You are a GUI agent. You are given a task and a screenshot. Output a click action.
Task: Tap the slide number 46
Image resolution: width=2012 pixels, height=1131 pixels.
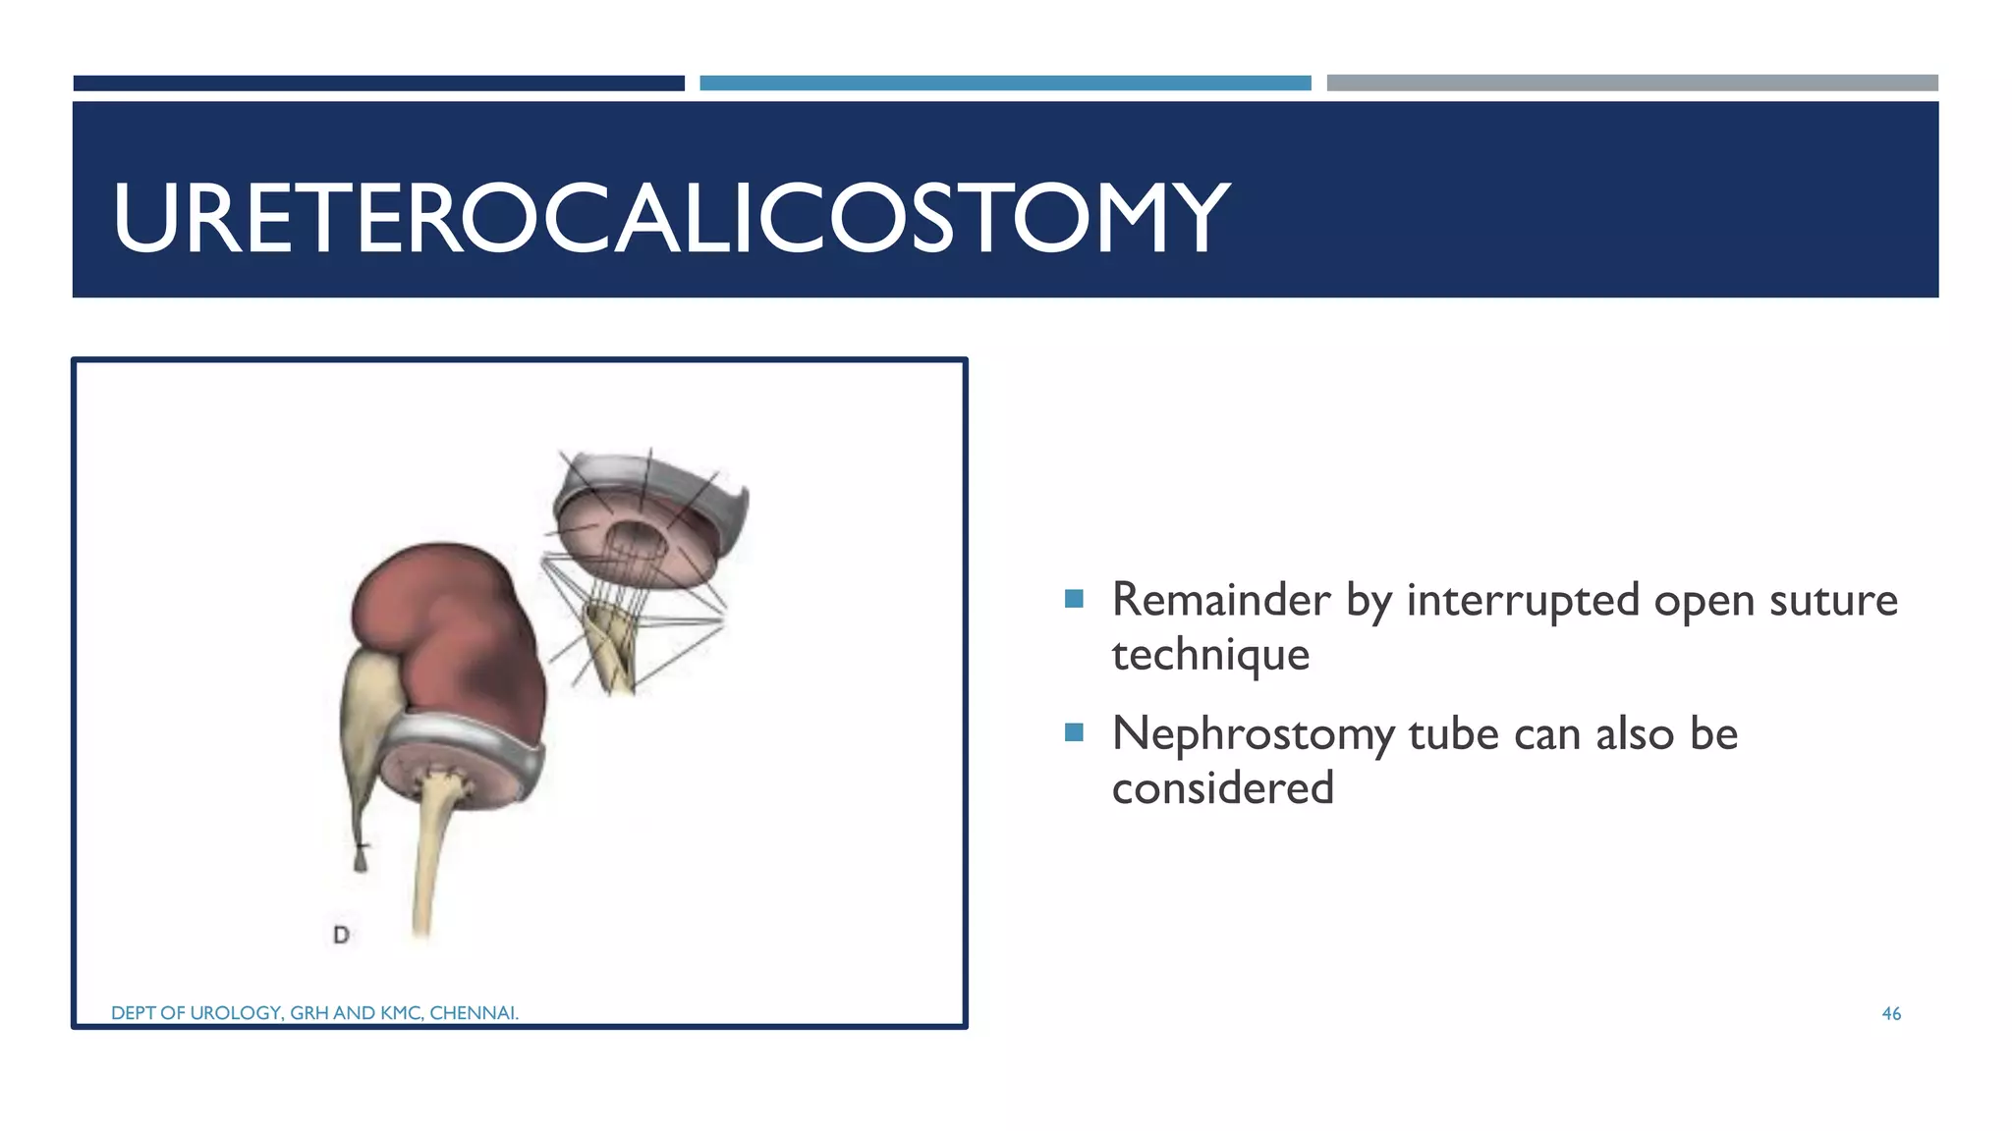pos(1891,1013)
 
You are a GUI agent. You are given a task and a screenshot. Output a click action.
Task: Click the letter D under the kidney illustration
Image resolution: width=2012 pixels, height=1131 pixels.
pos(341,935)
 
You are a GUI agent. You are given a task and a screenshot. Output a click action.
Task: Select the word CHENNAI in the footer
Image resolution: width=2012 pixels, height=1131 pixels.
pos(474,1013)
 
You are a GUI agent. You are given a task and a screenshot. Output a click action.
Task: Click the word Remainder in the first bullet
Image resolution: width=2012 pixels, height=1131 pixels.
pos(1221,600)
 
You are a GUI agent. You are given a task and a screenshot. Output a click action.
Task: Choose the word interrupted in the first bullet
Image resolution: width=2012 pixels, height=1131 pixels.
pos(1523,600)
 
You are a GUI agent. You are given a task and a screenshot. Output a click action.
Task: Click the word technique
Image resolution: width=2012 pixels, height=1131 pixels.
pos(1210,655)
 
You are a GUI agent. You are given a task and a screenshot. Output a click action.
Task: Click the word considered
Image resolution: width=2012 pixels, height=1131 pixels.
pos(1222,788)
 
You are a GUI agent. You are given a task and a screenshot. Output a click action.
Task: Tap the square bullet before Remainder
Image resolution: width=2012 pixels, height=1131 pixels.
pos(1074,598)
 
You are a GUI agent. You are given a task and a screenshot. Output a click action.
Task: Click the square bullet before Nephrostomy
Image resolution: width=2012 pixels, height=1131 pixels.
pos(1074,731)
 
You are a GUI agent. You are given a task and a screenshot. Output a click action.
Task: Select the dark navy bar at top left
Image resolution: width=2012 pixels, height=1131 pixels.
pos(378,83)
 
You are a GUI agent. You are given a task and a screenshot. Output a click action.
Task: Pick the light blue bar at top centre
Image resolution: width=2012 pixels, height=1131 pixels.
pos(1005,83)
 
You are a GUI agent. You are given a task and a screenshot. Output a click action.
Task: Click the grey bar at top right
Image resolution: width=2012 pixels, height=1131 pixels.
pos(1632,83)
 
